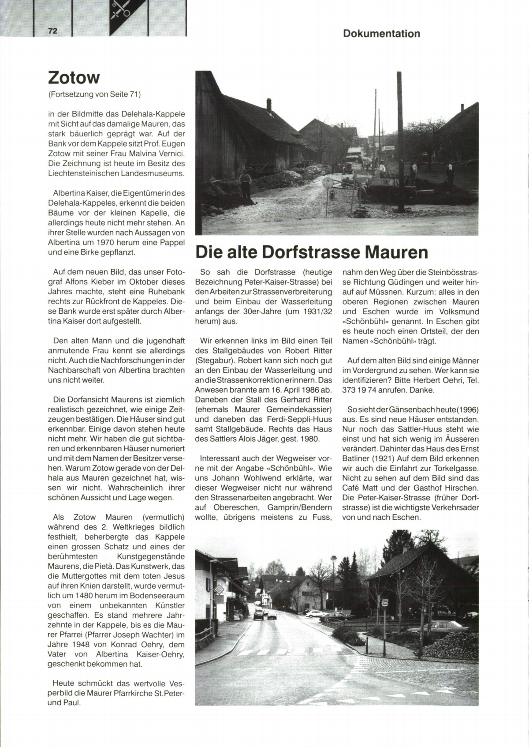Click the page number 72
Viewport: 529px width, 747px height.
[x=53, y=31]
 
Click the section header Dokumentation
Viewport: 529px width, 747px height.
[x=381, y=34]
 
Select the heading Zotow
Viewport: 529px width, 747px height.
[x=74, y=78]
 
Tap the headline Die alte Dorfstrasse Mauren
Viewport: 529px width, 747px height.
[x=312, y=252]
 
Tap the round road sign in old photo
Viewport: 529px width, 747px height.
[x=327, y=184]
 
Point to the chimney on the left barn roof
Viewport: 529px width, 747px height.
[x=269, y=104]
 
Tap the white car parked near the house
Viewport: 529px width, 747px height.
[x=316, y=613]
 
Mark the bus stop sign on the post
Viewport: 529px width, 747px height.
[x=384, y=602]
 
